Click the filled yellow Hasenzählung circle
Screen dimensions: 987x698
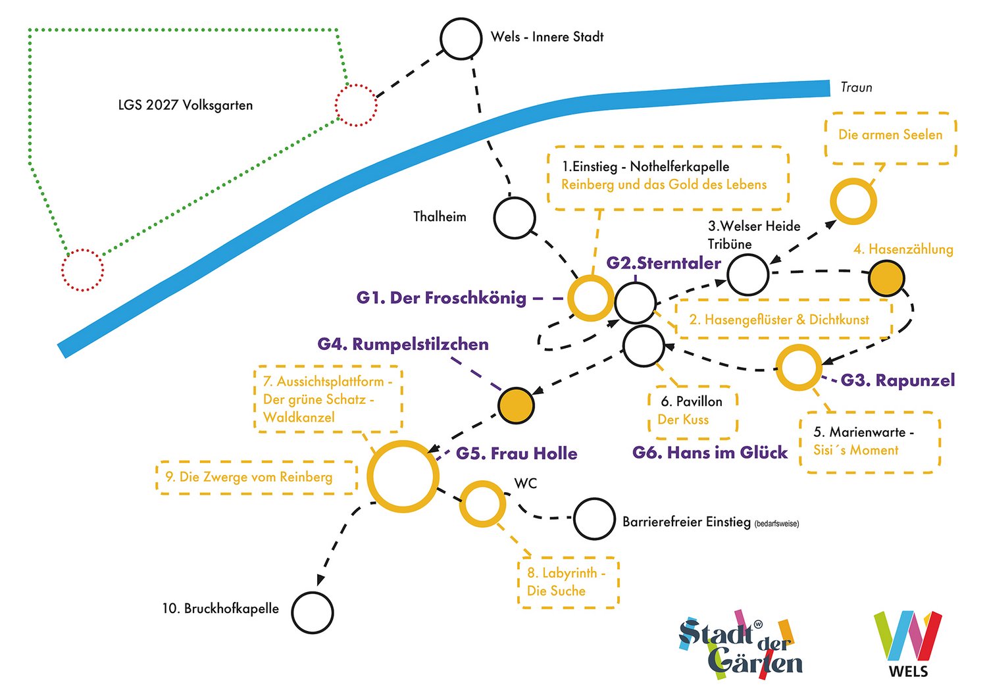(886, 278)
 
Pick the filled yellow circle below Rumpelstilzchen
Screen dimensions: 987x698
(515, 405)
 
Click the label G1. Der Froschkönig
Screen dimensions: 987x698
(441, 298)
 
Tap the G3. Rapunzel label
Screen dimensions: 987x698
(898, 380)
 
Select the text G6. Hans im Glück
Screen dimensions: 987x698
(709, 453)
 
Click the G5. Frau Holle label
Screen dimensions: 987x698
(517, 453)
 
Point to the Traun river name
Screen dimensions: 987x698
(856, 87)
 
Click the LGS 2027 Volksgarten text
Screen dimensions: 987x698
(186, 105)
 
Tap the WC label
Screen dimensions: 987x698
(526, 484)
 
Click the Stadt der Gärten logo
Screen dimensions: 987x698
(740, 645)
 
